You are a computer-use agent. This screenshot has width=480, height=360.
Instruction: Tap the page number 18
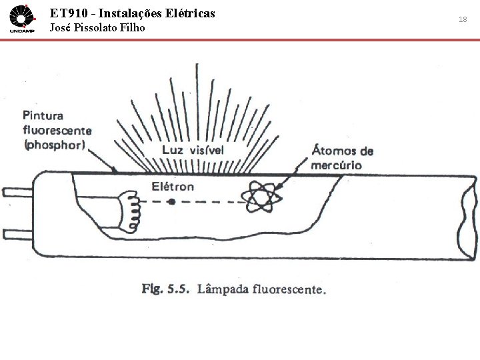[463, 20]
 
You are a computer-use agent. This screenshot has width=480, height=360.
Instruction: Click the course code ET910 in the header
[69, 12]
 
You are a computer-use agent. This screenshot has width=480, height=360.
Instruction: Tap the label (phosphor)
[54, 145]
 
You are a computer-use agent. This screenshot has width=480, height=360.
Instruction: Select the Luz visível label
[193, 150]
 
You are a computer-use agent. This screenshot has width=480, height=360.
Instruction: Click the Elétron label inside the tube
[173, 186]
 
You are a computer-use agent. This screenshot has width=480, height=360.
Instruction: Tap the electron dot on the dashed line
[172, 201]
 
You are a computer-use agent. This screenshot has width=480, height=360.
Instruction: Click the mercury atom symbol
[261, 198]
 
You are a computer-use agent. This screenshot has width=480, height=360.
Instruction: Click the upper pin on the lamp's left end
[15, 193]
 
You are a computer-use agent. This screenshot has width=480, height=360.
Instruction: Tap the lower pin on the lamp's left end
[15, 234]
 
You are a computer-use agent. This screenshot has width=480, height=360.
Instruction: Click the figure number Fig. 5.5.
[166, 289]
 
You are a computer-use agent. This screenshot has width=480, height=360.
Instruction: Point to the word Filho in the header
[133, 28]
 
